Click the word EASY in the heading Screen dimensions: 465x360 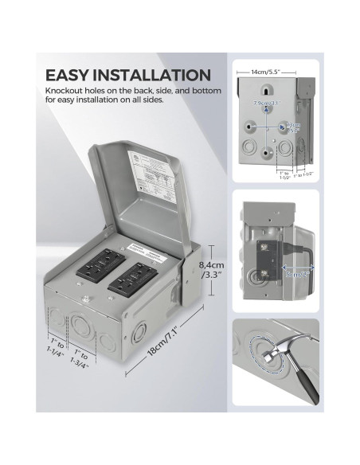coord(68,76)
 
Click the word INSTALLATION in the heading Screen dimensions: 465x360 coord(153,76)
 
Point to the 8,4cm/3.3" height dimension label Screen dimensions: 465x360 coord(210,271)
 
